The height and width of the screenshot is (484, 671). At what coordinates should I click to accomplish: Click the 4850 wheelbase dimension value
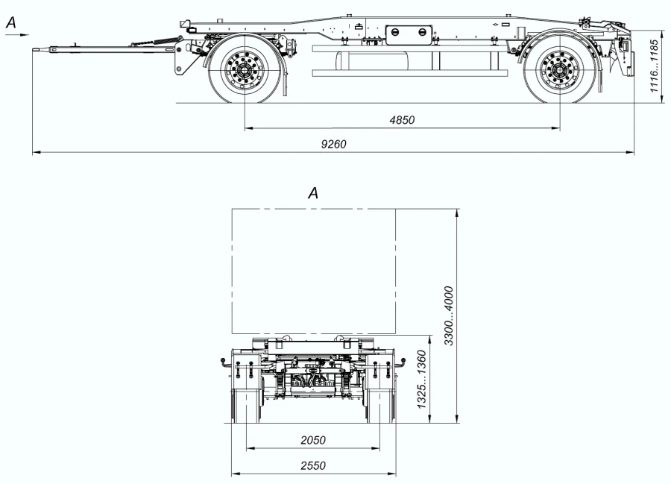(402, 120)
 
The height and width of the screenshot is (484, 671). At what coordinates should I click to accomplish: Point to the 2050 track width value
(312, 440)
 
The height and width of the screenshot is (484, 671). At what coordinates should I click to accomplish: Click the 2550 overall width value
(312, 464)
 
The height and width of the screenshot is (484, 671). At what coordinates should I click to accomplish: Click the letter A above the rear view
(313, 193)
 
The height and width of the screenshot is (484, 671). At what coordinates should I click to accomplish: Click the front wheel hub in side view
(244, 72)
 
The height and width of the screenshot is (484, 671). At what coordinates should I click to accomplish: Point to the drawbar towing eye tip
(36, 50)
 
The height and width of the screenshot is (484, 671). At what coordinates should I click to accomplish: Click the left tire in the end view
(245, 406)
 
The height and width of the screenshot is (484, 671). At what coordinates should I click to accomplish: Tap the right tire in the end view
(381, 406)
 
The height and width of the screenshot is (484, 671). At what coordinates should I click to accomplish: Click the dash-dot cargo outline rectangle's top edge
(313, 209)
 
